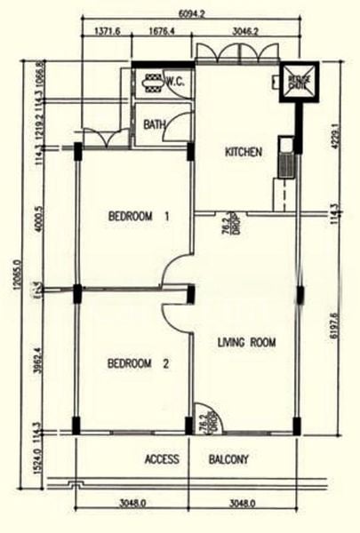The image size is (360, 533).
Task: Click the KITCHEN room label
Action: (243, 152)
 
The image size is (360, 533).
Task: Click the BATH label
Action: (154, 125)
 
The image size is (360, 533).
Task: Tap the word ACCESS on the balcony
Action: (162, 460)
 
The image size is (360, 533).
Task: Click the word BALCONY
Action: (228, 460)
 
